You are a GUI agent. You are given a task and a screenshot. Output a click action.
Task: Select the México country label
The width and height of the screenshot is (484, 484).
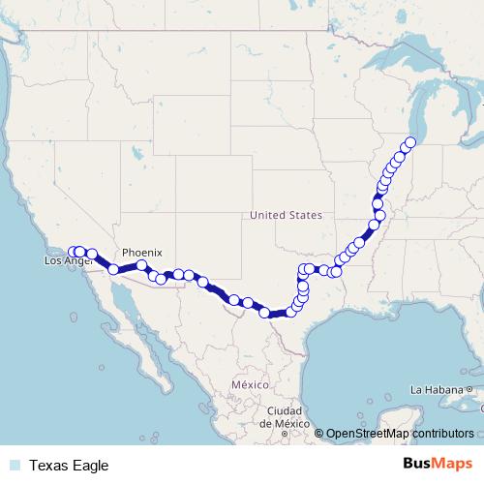coord(249,384)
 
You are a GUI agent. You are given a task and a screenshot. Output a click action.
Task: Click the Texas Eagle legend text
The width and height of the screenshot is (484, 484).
coord(69,466)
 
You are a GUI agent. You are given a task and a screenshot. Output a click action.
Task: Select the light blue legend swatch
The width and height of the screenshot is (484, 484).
coord(14,466)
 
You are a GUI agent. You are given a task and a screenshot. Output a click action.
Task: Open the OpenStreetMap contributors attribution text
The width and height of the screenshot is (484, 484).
coord(400,434)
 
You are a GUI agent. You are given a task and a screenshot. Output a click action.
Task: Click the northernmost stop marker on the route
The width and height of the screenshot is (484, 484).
coord(409,142)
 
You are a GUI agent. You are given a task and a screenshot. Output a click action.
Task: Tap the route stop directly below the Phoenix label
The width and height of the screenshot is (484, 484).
coord(141,264)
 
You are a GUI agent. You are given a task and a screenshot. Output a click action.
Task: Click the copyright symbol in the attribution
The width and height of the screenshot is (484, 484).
coord(318,434)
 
